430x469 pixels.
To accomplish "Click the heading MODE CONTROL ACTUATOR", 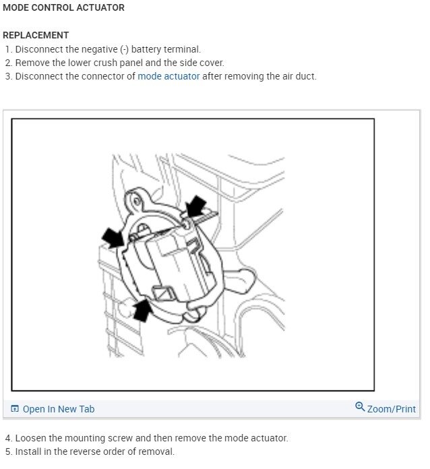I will (x=63, y=8).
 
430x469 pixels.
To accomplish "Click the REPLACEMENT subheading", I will (x=36, y=35).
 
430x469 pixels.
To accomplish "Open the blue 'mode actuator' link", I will (x=168, y=76).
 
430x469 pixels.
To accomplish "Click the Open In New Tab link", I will (x=59, y=409).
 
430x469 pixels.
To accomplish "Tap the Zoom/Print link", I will (x=391, y=409).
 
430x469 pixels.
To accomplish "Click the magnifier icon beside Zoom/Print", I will (x=360, y=408).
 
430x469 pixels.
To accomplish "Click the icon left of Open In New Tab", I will (x=15, y=409).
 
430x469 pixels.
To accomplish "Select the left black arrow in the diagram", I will (x=112, y=236).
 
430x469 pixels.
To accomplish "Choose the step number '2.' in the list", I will (x=9, y=63).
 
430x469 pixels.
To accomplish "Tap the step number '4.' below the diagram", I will (x=9, y=438).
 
